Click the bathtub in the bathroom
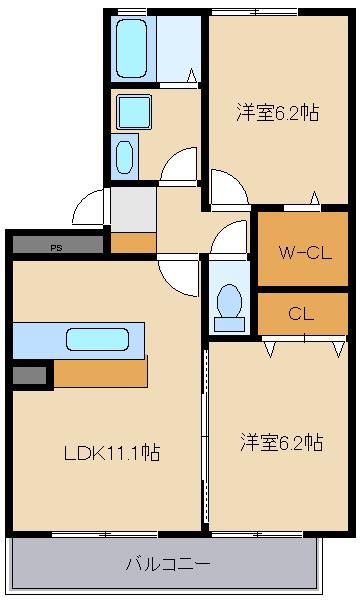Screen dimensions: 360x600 (x=131, y=49)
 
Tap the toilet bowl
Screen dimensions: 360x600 (x=229, y=301)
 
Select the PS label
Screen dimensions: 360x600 (x=56, y=248)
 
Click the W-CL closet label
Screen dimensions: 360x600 (x=305, y=253)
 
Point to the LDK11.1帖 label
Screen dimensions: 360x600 (x=112, y=452)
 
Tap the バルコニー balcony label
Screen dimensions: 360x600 (x=168, y=564)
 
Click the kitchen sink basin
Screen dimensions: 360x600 (x=97, y=339)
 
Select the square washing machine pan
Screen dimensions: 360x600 (x=134, y=112)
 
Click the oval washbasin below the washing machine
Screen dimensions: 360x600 (x=125, y=157)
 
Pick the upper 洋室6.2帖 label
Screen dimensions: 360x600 (x=277, y=112)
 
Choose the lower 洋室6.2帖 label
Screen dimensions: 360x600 (x=282, y=443)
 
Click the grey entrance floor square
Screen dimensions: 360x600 (x=133, y=209)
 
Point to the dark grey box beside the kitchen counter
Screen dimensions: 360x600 (x=29, y=375)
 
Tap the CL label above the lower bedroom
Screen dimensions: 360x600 (x=301, y=314)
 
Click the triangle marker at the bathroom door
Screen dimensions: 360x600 (x=192, y=75)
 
